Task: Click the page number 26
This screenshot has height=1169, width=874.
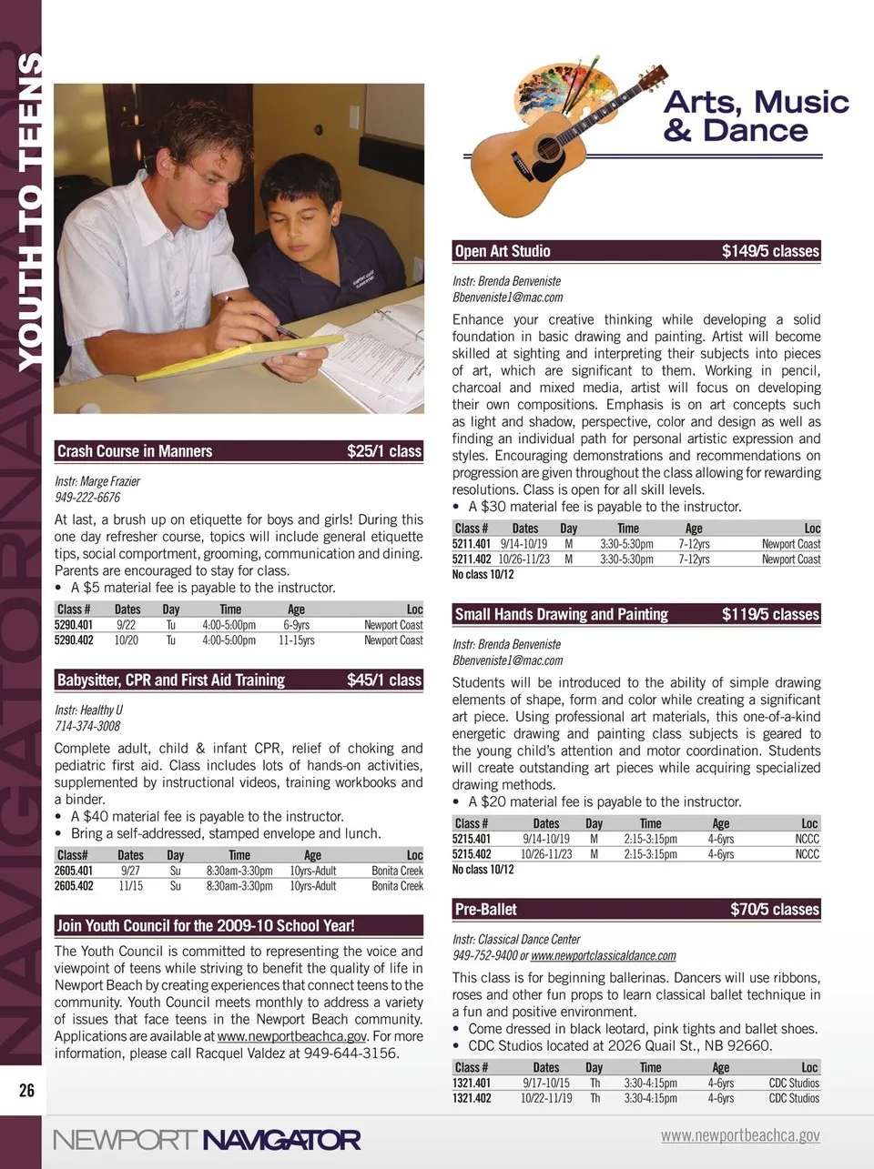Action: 26,1090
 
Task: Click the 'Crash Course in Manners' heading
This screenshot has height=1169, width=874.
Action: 135,451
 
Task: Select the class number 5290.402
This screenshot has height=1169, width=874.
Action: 74,640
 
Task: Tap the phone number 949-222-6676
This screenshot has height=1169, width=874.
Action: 87,498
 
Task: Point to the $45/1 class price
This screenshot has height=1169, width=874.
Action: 383,680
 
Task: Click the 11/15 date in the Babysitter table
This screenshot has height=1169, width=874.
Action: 130,886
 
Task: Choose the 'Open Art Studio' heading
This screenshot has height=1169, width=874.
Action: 503,251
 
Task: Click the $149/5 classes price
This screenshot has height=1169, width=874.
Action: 770,251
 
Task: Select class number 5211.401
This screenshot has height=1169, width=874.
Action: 472,544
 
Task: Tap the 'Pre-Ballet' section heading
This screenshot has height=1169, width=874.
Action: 486,909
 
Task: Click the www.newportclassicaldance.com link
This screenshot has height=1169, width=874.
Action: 603,956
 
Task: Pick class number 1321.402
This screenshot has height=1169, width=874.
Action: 472,1099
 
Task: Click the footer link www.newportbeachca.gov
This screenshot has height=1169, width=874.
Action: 740,1135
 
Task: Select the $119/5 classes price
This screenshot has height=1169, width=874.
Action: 770,614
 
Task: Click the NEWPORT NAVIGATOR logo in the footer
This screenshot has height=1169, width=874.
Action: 207,1140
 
